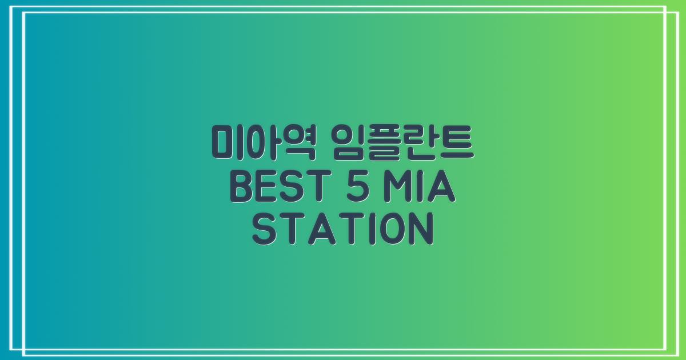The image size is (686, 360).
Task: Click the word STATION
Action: point(342,229)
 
